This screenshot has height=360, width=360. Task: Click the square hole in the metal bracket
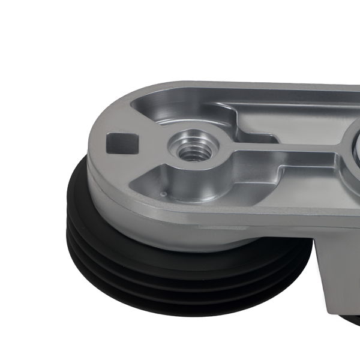coord(122,143)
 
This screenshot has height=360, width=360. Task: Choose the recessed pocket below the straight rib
coord(288,168)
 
